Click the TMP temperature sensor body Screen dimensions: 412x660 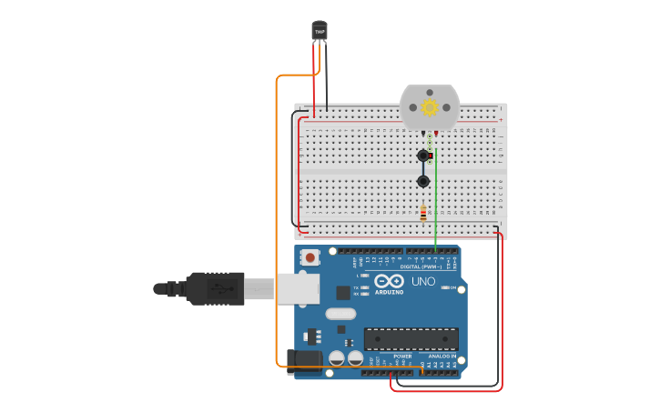(x=320, y=31)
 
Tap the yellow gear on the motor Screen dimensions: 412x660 (x=430, y=107)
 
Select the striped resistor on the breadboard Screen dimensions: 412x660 (x=423, y=214)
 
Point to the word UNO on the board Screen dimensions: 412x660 (x=423, y=281)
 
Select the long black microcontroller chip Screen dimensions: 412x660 (x=411, y=339)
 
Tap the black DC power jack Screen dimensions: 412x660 (x=304, y=361)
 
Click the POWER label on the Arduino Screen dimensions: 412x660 (x=402, y=357)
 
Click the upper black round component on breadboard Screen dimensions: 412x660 (x=423, y=156)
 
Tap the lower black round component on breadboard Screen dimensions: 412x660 (x=423, y=181)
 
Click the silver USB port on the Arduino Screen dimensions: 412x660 (x=298, y=288)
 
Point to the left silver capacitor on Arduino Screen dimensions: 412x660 (x=337, y=358)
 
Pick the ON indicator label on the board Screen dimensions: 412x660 (x=452, y=287)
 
